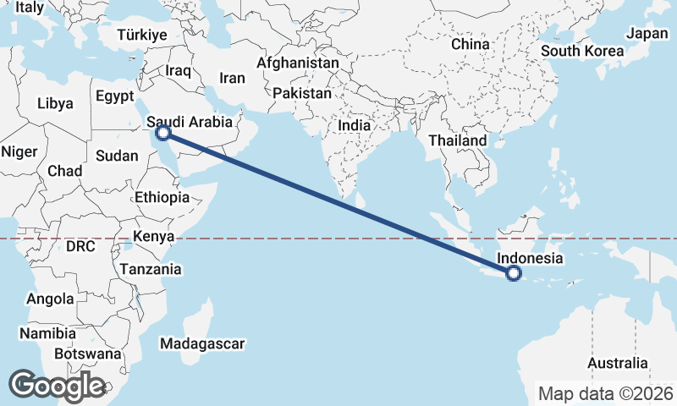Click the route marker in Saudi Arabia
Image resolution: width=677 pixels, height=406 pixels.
click(164, 133)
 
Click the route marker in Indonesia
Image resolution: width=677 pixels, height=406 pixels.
click(513, 272)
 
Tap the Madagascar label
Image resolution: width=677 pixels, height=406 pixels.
click(202, 343)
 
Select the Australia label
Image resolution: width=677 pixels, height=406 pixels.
click(617, 363)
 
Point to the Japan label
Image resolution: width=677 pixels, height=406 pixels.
click(647, 34)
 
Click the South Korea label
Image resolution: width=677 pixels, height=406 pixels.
click(582, 51)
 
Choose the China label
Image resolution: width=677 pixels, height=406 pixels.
click(471, 44)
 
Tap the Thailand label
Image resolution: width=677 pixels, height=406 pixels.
click(458, 140)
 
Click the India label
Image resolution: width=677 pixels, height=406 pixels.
click(354, 125)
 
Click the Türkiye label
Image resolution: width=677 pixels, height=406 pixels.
click(142, 35)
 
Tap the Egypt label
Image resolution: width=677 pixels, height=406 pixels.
click(115, 96)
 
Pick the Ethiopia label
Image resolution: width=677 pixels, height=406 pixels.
click(162, 197)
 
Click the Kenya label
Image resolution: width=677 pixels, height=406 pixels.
click(154, 236)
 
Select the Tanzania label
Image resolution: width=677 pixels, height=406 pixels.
click(151, 269)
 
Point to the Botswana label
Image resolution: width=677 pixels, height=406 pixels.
click(87, 354)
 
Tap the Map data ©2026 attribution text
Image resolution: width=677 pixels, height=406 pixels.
click(606, 393)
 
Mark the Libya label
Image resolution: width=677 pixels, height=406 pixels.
click(55, 104)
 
